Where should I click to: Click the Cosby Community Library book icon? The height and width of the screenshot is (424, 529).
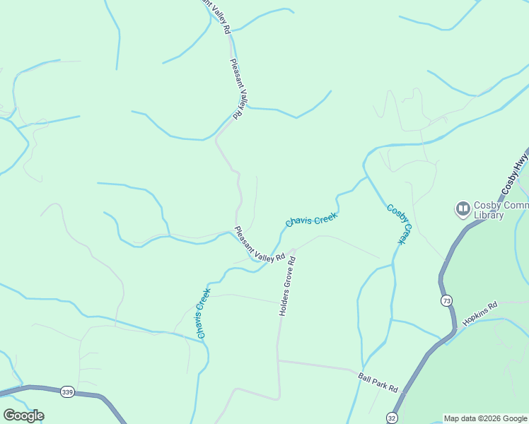click(463, 209)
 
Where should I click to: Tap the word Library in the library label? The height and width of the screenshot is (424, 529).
click(488, 216)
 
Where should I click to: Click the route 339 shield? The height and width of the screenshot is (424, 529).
click(67, 392)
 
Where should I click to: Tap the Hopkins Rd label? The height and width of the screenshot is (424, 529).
click(480, 314)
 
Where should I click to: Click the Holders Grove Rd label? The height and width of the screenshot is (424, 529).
click(286, 285)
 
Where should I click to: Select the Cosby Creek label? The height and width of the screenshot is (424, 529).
click(398, 224)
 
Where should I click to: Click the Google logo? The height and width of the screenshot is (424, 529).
click(23, 416)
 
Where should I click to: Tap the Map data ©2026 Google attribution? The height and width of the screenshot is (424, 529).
click(484, 418)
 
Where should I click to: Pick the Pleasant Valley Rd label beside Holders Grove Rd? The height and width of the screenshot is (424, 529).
click(259, 245)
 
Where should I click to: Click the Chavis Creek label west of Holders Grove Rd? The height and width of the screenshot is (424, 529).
click(202, 312)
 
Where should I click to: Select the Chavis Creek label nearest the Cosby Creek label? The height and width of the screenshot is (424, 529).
click(310, 220)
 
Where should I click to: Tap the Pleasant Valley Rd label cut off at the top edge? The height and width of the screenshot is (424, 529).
click(216, 16)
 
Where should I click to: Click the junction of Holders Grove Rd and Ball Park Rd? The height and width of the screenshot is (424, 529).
click(278, 361)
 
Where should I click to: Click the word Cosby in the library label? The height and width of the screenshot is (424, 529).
click(489, 206)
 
